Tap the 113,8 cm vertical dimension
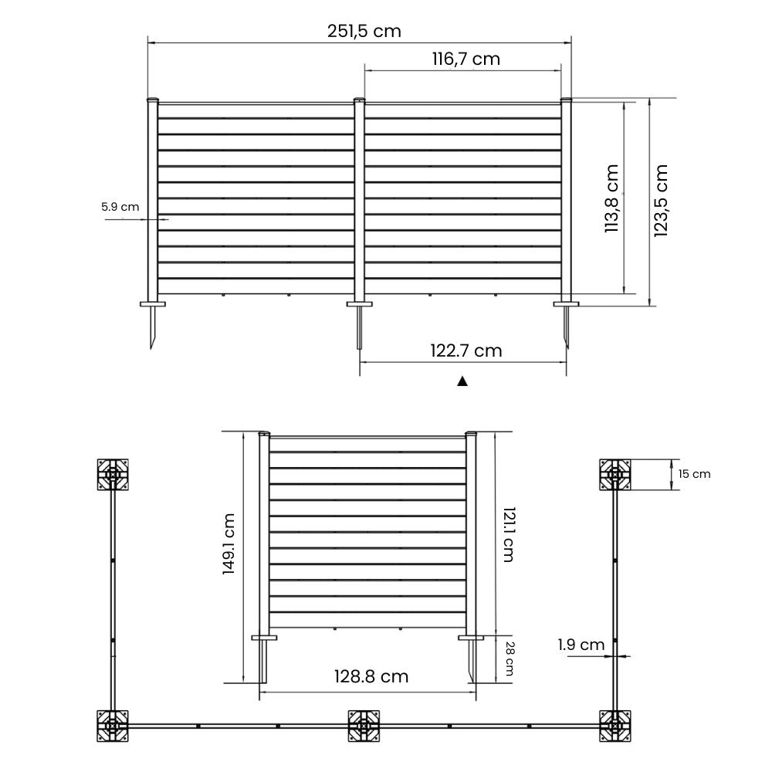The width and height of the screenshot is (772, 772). tap(612, 198)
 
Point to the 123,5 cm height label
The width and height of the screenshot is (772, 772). tap(661, 201)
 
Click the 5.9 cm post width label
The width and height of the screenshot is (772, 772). tap(120, 207)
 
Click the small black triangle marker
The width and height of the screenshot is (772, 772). tap(462, 381)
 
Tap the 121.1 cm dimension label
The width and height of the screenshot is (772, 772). tap(507, 534)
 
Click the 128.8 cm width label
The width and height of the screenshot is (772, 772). tap(371, 677)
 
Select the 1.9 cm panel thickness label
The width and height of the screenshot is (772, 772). tap(581, 645)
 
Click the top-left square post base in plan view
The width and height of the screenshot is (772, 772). tap(113, 475)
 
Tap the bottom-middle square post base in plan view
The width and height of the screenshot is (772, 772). tap(364, 726)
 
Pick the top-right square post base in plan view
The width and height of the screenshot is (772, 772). tap(616, 475)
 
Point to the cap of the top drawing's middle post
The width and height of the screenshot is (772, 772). tap(359, 100)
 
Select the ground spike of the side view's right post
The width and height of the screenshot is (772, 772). tap(471, 662)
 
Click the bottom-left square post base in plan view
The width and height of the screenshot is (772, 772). tap(113, 726)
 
